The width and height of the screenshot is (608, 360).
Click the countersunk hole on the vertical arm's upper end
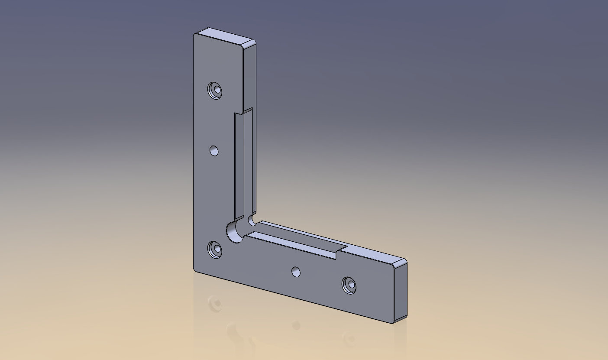pyautogui.click(x=215, y=91)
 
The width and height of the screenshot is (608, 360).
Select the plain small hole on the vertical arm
pyautogui.click(x=214, y=151)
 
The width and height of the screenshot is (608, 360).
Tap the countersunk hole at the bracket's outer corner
pyautogui.click(x=214, y=249)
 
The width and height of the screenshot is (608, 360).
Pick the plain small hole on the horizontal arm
pyautogui.click(x=296, y=272)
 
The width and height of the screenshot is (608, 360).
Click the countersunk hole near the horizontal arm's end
pyautogui.click(x=349, y=285)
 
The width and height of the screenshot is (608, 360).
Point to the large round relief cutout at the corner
pyautogui.click(x=234, y=232)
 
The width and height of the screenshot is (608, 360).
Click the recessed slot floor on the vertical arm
pyautogui.click(x=239, y=165)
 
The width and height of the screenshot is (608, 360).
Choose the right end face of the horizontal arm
pyautogui.click(x=401, y=292)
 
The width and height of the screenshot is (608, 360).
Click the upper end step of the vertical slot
pyautogui.click(x=244, y=112)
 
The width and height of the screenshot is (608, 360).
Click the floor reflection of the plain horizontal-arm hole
pyautogui.click(x=296, y=325)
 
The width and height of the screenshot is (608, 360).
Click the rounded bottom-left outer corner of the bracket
pyautogui.click(x=195, y=269)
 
